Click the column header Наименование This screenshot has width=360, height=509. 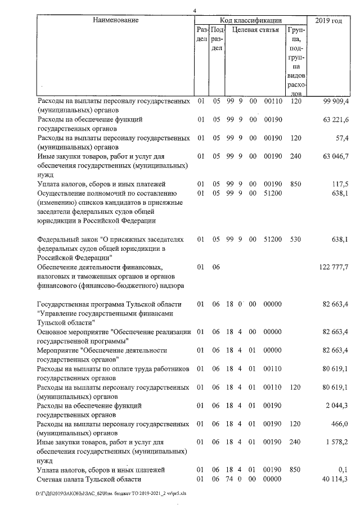pyautogui.click(x=115, y=20)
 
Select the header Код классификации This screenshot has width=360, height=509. pyautogui.click(x=251, y=20)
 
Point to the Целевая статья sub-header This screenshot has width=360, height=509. pyautogui.click(x=255, y=30)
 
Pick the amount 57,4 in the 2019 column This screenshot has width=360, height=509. pyautogui.click(x=342, y=138)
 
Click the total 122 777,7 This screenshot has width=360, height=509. pyautogui.click(x=334, y=267)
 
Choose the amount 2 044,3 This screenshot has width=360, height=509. pyautogui.click(x=338, y=405)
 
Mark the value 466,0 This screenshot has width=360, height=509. pyautogui.click(x=340, y=423)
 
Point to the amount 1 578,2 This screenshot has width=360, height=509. pyautogui.click(x=338, y=442)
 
